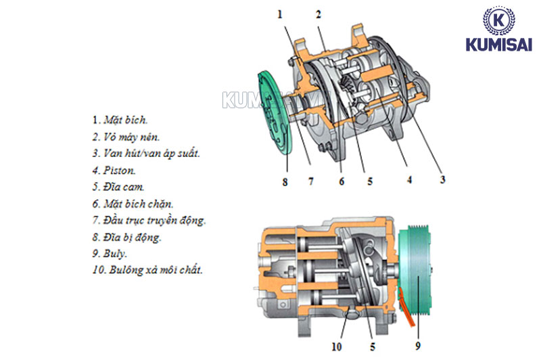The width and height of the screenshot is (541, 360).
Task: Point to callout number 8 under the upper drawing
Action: click(285, 181)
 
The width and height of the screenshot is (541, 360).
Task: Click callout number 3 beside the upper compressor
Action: click(442, 179)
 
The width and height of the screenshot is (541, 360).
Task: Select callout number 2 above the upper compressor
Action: click(318, 14)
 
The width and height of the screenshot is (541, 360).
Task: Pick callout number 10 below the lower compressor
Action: click(336, 346)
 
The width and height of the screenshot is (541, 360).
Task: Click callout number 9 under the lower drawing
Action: click(418, 346)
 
